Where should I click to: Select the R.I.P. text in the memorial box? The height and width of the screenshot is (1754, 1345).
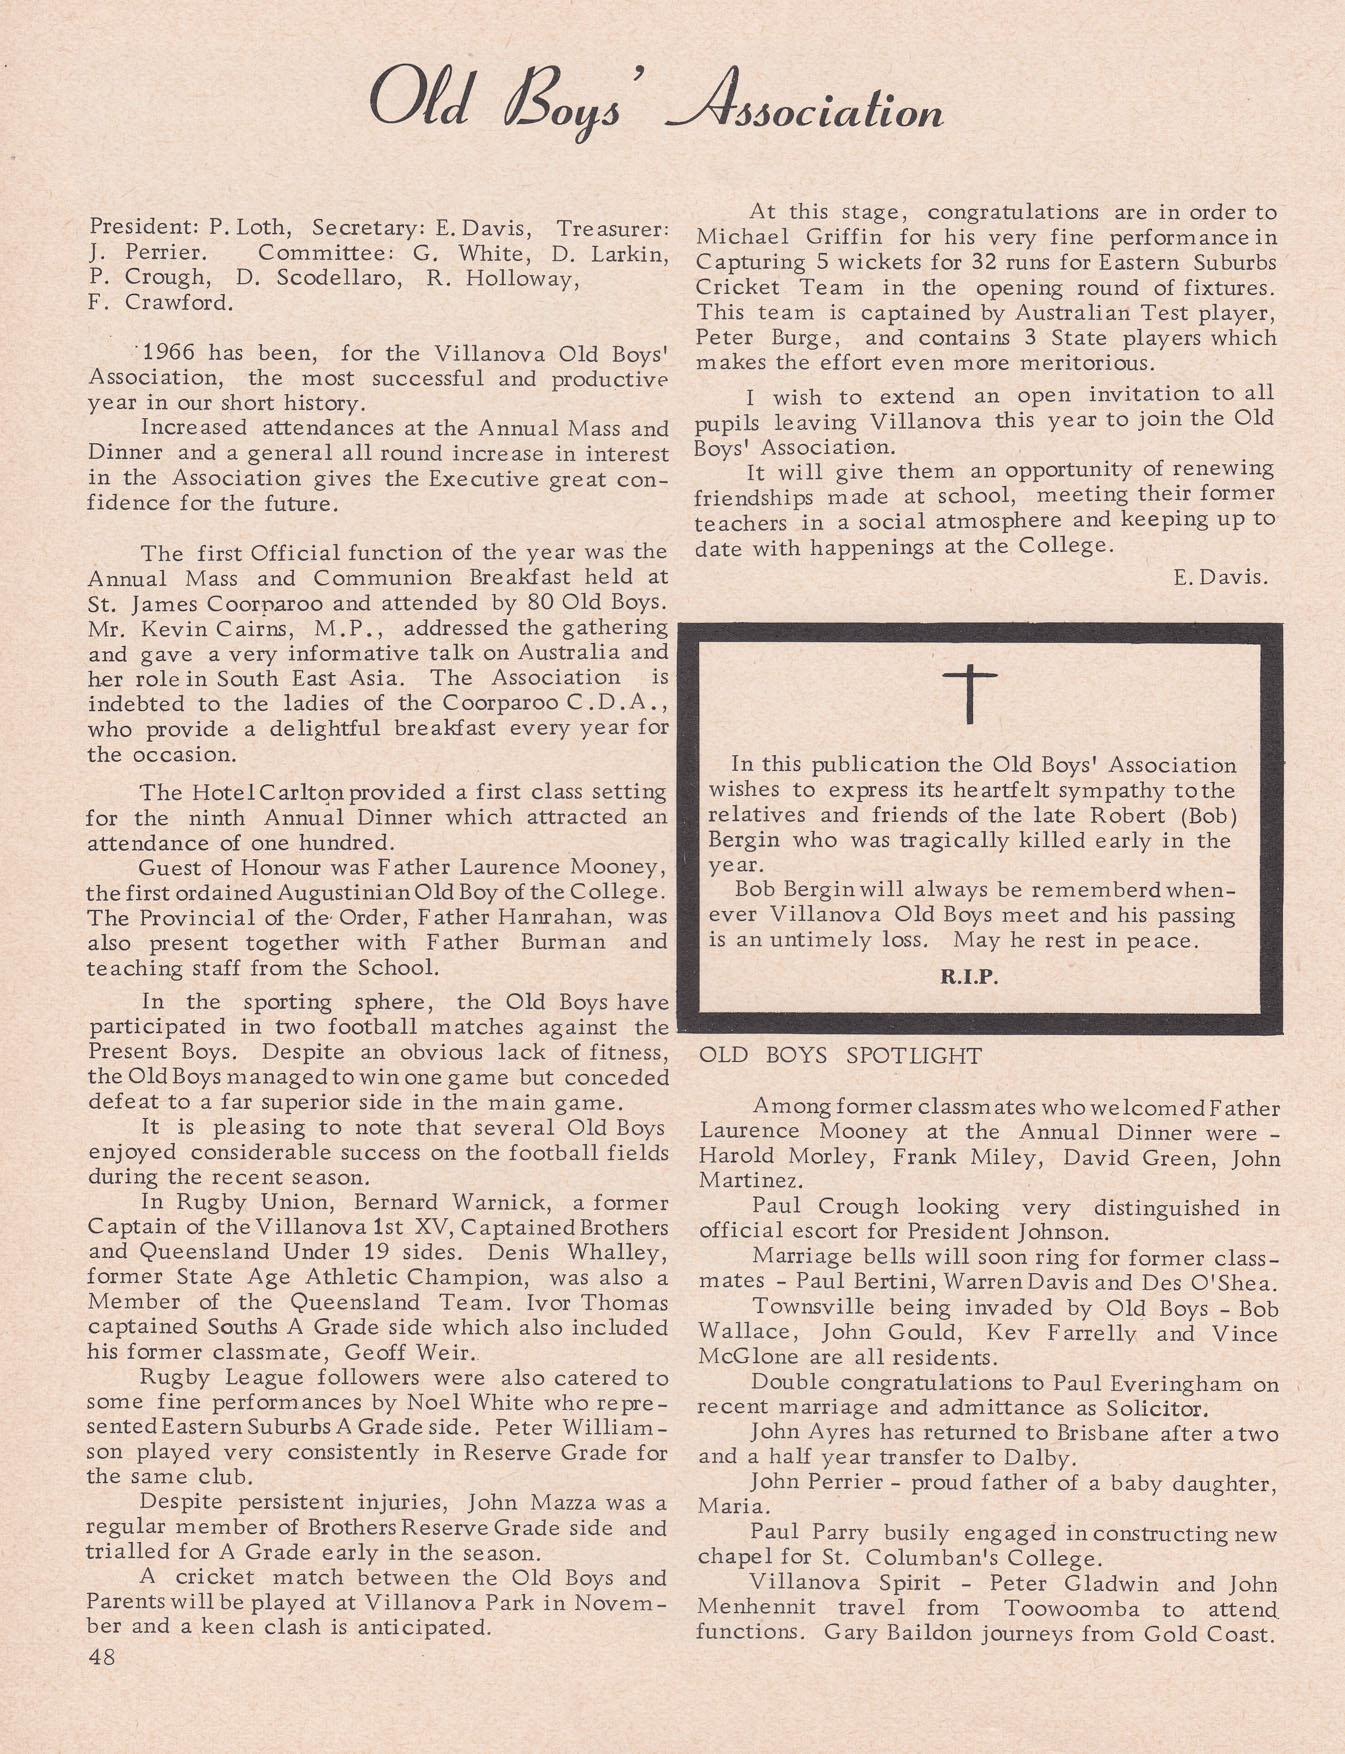969,977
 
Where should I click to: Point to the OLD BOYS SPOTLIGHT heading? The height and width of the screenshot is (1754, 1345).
840,1056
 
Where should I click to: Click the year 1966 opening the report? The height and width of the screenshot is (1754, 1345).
170,353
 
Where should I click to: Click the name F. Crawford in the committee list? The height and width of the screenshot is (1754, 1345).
160,302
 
